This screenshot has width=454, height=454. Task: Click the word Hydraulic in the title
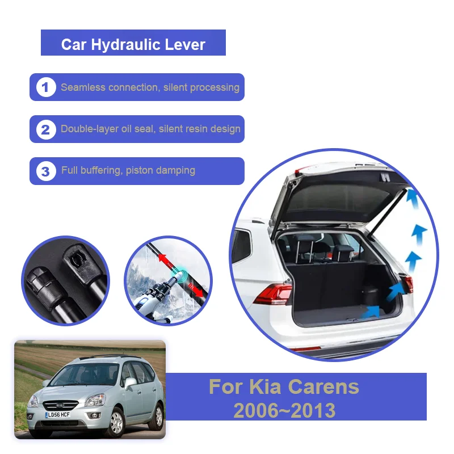point(125,45)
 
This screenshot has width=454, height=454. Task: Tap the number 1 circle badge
point(46,87)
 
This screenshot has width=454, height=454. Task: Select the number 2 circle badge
point(46,129)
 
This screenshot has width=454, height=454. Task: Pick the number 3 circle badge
point(46,171)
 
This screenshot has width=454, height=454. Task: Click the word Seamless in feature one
point(83,87)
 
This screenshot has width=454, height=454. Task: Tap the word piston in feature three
point(138,171)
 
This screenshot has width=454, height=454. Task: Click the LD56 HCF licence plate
point(58,415)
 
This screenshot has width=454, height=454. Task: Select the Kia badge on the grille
point(60,406)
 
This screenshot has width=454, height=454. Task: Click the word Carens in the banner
point(323,386)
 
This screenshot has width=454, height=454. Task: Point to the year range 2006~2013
point(284,410)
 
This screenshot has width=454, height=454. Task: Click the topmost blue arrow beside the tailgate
point(413,197)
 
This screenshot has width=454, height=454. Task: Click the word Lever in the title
point(185,45)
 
